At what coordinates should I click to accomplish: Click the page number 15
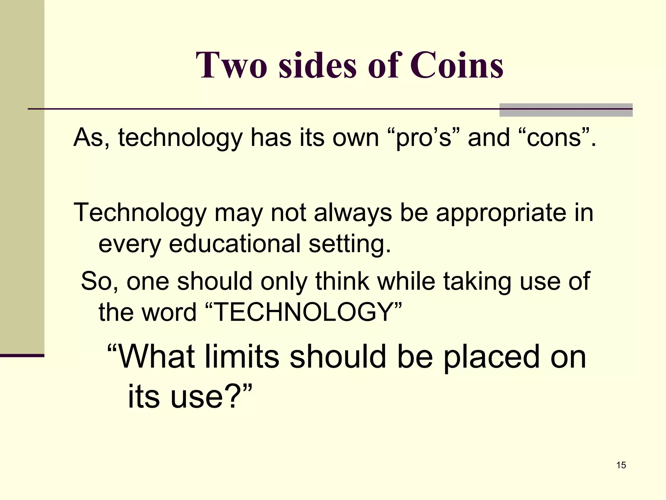point(621,465)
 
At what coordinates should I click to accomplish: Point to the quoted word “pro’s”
point(424,138)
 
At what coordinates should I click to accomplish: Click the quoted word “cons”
point(554,138)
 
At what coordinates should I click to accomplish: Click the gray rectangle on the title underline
point(566,110)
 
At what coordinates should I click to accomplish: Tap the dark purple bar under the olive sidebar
point(22,355)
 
